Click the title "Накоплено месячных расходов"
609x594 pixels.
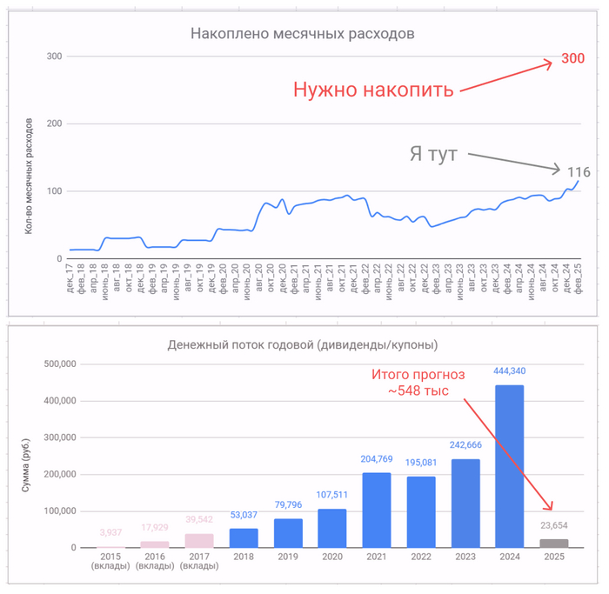pyautogui.click(x=302, y=34)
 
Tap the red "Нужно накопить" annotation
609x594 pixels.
pyautogui.click(x=372, y=90)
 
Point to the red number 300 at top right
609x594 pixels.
pyautogui.click(x=572, y=57)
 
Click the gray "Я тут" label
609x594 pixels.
pyautogui.click(x=433, y=154)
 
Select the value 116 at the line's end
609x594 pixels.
pyautogui.click(x=579, y=172)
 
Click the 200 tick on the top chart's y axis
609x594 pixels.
pyautogui.click(x=54, y=123)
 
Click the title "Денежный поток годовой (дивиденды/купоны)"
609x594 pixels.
pyautogui.click(x=302, y=344)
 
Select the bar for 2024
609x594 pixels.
pyautogui.click(x=509, y=466)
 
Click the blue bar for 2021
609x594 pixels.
pyautogui.click(x=376, y=510)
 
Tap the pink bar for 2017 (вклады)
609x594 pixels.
pyautogui.click(x=199, y=540)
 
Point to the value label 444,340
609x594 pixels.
pyautogui.click(x=509, y=371)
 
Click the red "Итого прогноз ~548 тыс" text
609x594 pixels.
pyautogui.click(x=418, y=383)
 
